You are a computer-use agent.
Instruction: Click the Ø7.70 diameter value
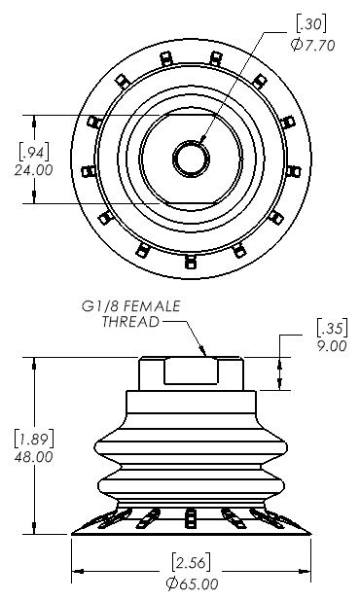(x=313, y=46)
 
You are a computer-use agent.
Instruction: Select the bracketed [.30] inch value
(x=311, y=24)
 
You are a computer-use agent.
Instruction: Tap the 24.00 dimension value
(x=33, y=170)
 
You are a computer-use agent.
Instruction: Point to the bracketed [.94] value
(x=34, y=152)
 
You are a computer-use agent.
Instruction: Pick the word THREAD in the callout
(x=130, y=322)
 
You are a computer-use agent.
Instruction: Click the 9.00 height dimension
(x=332, y=346)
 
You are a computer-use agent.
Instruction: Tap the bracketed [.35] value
(x=332, y=328)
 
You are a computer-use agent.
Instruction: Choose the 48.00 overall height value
(x=33, y=457)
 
